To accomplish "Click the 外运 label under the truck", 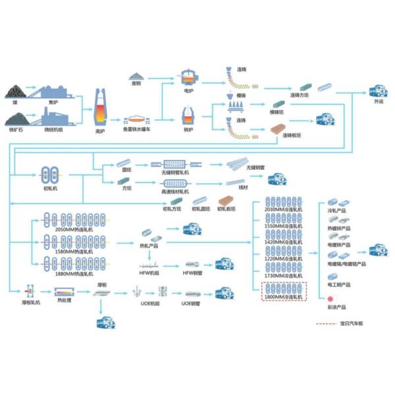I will point(379,102).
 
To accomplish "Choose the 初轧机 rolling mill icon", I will point(51,174).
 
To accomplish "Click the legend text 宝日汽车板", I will point(352,324).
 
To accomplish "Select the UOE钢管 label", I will point(192,305).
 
